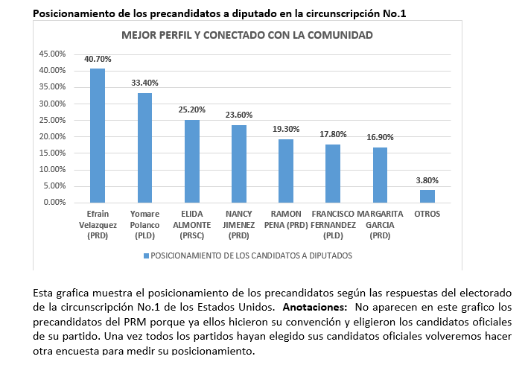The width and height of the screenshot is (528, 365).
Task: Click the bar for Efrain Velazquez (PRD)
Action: [98, 136]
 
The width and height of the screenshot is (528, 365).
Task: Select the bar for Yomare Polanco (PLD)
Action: [144, 147]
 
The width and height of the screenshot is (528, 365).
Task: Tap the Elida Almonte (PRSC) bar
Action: [192, 162]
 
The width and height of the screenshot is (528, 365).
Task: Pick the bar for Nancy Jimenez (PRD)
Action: [239, 164]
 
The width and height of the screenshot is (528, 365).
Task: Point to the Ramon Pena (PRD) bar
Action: [286, 171]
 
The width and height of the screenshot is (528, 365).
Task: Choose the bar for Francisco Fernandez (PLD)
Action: [333, 174]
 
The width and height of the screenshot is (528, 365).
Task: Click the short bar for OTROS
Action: [427, 197]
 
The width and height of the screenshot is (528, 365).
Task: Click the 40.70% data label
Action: [98, 59]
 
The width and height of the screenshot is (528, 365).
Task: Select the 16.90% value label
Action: [380, 137]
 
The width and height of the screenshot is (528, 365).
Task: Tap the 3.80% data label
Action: [427, 180]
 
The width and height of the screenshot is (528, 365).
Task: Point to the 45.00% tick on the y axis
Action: [52, 54]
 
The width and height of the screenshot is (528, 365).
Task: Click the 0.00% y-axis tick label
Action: [54, 202]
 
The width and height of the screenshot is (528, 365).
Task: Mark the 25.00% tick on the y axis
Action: [52, 120]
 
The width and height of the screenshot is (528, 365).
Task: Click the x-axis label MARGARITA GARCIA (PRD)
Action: [380, 225]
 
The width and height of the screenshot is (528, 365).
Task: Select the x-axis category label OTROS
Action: [427, 214]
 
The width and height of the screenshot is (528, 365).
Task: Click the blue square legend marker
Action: [146, 256]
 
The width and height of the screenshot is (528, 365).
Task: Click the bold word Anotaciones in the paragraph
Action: [314, 307]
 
